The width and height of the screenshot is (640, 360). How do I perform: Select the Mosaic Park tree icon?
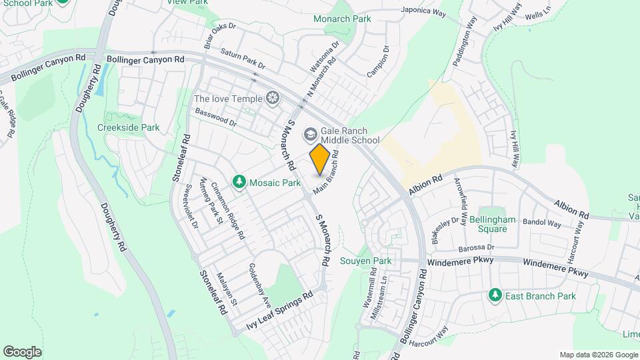[x=239, y=181]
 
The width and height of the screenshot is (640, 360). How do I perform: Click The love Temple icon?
[x=272, y=99]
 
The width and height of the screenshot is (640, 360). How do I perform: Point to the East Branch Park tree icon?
[x=495, y=295]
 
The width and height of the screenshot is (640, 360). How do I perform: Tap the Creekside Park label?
[x=129, y=127]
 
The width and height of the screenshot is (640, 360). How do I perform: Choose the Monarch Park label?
[x=342, y=19]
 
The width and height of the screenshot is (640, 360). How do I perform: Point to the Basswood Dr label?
[x=216, y=118]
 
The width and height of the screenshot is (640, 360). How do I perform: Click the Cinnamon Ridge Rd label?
[x=228, y=211]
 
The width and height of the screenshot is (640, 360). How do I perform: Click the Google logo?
[x=22, y=351]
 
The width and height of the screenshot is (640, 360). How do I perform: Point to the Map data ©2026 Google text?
[x=598, y=355]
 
